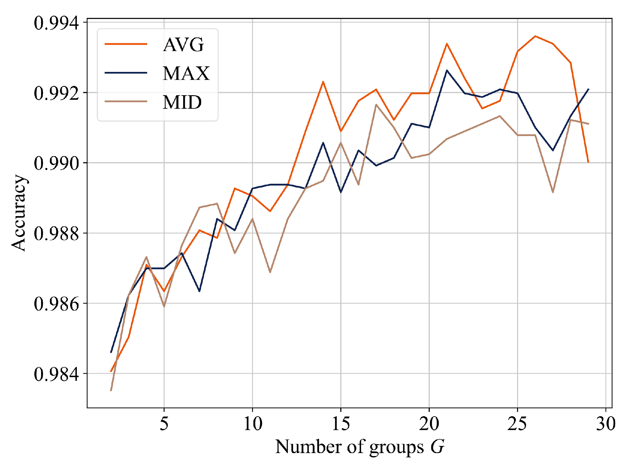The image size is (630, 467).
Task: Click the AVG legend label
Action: pyautogui.click(x=183, y=45)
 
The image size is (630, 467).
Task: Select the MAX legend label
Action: pyautogui.click(x=186, y=73)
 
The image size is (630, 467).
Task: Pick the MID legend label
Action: pyautogui.click(x=182, y=102)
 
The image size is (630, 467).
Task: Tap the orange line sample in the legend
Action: pyautogui.click(x=126, y=44)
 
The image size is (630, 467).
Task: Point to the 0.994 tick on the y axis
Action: pyautogui.click(x=57, y=23)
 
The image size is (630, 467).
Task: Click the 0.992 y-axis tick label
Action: pyautogui.click(x=57, y=93)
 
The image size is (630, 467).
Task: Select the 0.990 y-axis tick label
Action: pyautogui.click(x=57, y=163)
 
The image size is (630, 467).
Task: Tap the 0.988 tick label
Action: pyautogui.click(x=57, y=234)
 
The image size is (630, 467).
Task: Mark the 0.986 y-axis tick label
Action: pyautogui.click(x=57, y=304)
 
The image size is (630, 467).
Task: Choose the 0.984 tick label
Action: pyautogui.click(x=57, y=374)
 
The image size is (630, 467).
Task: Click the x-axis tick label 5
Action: pyautogui.click(x=164, y=424)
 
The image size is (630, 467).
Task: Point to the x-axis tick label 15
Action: pyautogui.click(x=341, y=424)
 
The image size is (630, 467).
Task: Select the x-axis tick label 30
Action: pyautogui.click(x=605, y=424)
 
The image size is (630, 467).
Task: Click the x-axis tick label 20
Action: pyautogui.click(x=429, y=424)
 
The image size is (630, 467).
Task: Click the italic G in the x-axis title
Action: pyautogui.click(x=437, y=447)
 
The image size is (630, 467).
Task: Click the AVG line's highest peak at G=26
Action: pyautogui.click(x=535, y=36)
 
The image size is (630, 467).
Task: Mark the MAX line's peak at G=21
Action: pyautogui.click(x=447, y=70)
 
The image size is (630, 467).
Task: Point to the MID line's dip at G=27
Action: pyautogui.click(x=553, y=192)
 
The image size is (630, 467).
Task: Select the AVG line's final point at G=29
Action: pyautogui.click(x=588, y=162)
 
